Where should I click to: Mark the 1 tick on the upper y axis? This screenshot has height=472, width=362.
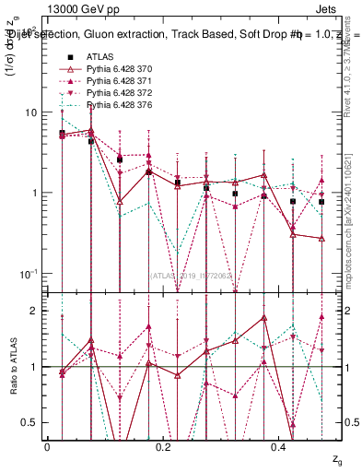[38, 193]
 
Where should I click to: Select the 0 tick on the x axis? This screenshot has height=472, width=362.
[47, 446]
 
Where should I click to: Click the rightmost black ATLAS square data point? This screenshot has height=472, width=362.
[321, 202]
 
